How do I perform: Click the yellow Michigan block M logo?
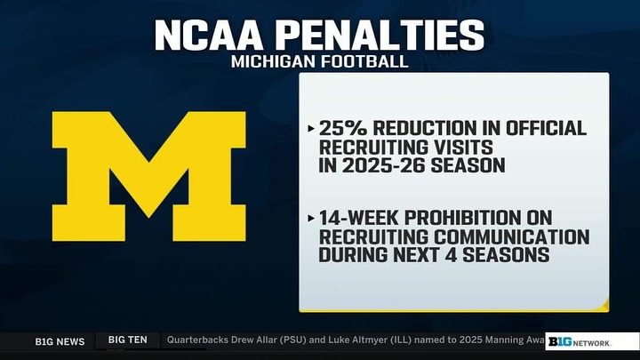(148, 168)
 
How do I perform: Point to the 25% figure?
(340, 128)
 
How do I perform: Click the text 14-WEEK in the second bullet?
(360, 218)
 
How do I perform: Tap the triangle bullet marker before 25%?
(310, 128)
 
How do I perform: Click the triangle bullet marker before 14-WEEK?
(310, 218)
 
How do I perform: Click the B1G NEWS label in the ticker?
(60, 341)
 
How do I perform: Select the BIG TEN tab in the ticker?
(128, 340)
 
